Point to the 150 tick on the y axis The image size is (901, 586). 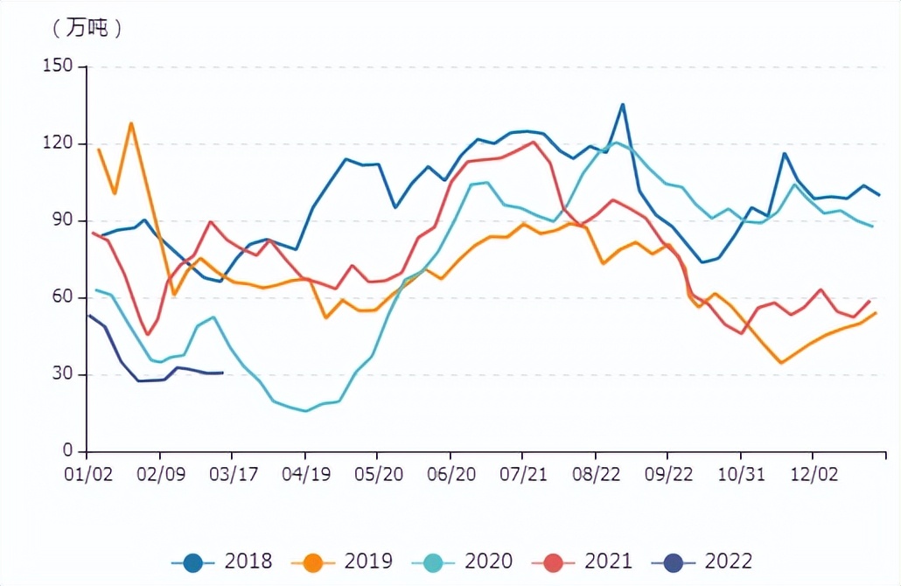(59, 66)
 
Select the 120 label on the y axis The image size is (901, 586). (59, 143)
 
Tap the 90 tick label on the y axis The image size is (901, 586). (64, 220)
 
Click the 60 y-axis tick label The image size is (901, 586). (64, 297)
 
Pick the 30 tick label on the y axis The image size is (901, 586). (64, 374)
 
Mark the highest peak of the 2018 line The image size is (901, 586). (623, 105)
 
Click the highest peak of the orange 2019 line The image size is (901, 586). (131, 123)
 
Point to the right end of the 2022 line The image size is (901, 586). (223, 373)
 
